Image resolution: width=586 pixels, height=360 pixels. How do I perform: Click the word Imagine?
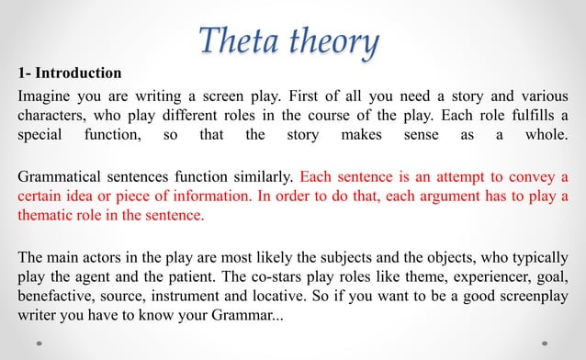(x=47, y=97)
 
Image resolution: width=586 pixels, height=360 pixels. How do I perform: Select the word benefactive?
(x=57, y=295)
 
